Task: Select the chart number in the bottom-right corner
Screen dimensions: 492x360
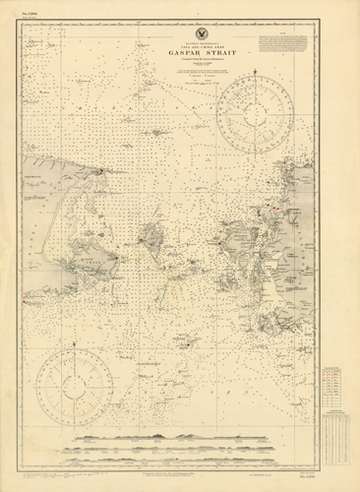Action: pos(338,473)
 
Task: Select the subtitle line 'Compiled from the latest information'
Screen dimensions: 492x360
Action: pos(179,66)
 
